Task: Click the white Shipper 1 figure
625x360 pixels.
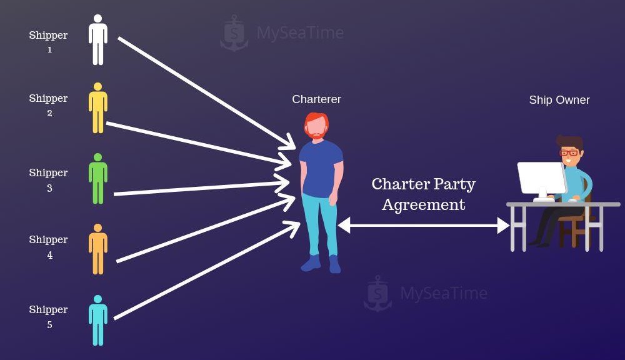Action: pyautogui.click(x=97, y=40)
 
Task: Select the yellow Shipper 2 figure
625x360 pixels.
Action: pyautogui.click(x=97, y=108)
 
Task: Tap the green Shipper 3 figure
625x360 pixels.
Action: pyautogui.click(x=97, y=179)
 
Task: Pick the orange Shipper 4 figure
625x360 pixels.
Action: pyautogui.click(x=97, y=249)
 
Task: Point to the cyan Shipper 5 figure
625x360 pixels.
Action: pyautogui.click(x=97, y=321)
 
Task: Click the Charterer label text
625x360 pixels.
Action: pyautogui.click(x=316, y=99)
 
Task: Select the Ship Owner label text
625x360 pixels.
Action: pyautogui.click(x=559, y=100)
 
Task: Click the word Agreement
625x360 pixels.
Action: pyautogui.click(x=423, y=205)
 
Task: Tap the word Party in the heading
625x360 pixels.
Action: pyautogui.click(x=454, y=184)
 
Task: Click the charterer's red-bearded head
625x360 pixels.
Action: pyautogui.click(x=317, y=126)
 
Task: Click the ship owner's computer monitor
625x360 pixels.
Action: pyautogui.click(x=542, y=179)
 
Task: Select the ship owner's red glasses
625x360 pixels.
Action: pyautogui.click(x=569, y=152)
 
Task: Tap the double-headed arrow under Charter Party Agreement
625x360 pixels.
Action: pyautogui.click(x=423, y=226)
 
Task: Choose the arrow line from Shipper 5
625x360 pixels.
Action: pyautogui.click(x=207, y=270)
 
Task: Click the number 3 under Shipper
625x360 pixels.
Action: pyautogui.click(x=49, y=188)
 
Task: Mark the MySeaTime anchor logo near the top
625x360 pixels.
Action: pyautogui.click(x=234, y=33)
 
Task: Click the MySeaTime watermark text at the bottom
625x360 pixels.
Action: pyautogui.click(x=444, y=293)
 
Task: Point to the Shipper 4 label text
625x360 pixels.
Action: pyautogui.click(x=49, y=247)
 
